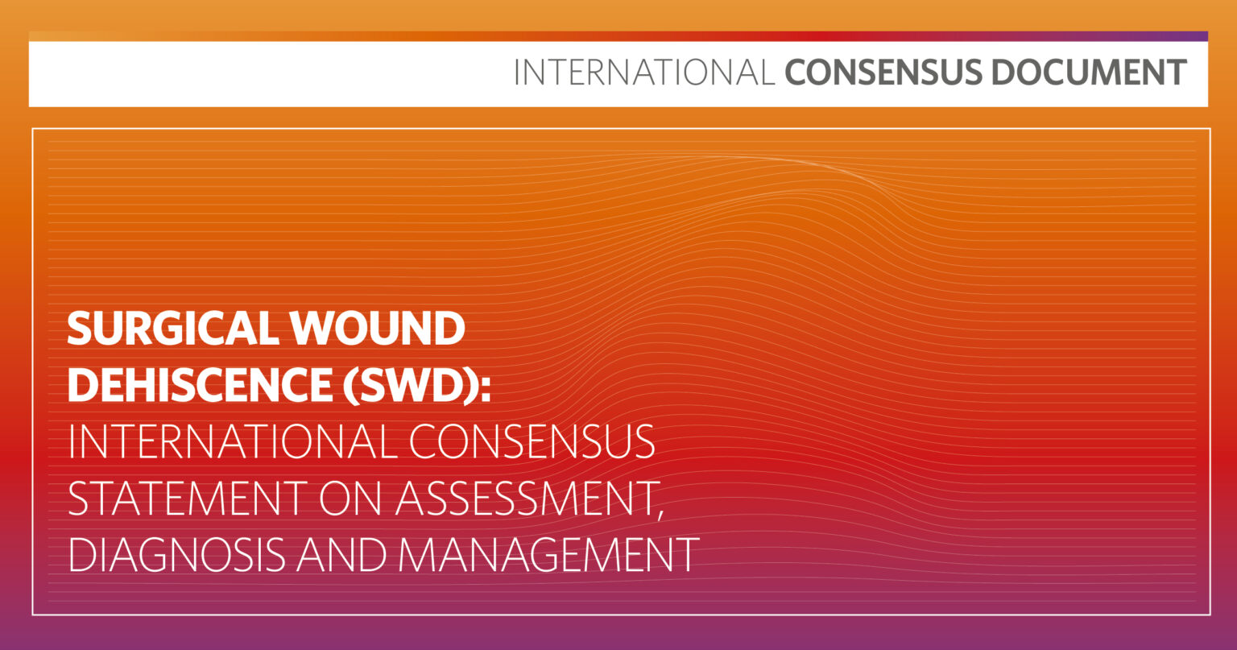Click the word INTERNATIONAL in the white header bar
tap(644, 72)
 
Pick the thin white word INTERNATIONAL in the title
tap(233, 441)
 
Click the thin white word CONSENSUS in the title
tap(532, 441)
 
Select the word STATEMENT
tap(188, 498)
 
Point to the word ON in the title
tap(351, 498)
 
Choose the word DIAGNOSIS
tap(176, 554)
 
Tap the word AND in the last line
tap(341, 554)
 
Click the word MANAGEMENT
tap(548, 554)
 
